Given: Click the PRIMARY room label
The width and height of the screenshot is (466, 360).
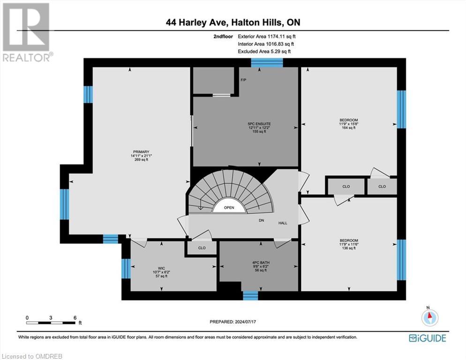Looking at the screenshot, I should pyautogui.click(x=140, y=151).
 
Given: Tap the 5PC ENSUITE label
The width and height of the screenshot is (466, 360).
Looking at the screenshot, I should pyautogui.click(x=257, y=124).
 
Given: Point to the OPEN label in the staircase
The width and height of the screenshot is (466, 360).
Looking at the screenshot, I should pyautogui.click(x=229, y=208).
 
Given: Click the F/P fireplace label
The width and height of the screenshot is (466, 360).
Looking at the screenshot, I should pyautogui.click(x=243, y=80).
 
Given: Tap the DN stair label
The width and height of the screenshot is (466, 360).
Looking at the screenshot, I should pyautogui.click(x=261, y=220).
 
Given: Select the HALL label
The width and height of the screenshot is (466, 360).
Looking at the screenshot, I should pyautogui.click(x=283, y=223).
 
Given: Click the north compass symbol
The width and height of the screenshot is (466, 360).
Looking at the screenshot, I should pyautogui.click(x=429, y=317).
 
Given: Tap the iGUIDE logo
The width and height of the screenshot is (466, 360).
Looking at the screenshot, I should pyautogui.click(x=427, y=338).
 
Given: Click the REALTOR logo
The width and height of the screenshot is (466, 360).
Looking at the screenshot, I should pyautogui.click(x=26, y=32).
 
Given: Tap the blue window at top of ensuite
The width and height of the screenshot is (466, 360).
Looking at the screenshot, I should pyautogui.click(x=267, y=63).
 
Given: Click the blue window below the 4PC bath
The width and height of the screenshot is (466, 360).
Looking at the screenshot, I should pyautogui.click(x=250, y=295).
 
